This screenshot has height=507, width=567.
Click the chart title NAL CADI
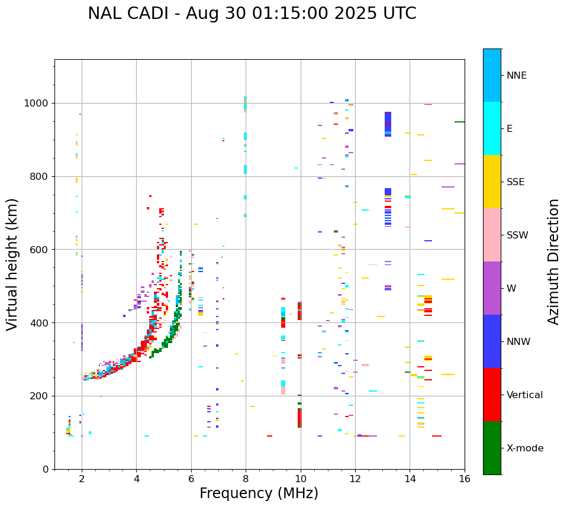pos(252,14)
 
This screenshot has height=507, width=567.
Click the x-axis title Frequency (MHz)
pos(259,493)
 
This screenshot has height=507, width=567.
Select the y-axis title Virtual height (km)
pos(12,264)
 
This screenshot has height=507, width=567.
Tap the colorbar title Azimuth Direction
pos(553,261)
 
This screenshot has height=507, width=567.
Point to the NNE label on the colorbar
pos(516,76)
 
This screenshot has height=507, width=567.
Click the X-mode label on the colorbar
pos(524,448)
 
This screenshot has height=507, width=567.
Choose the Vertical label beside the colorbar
pos(524,395)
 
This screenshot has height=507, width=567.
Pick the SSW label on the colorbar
pos(517,235)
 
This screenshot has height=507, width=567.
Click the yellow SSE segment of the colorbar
pos(492,182)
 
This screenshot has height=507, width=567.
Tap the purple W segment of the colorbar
pos(492,288)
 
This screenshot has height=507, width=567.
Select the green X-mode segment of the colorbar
pos(492,448)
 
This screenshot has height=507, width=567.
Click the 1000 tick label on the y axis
pos(38,104)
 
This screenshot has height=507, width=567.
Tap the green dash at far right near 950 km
pos(459,122)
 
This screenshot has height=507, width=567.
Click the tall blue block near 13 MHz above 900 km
pos(388,124)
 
